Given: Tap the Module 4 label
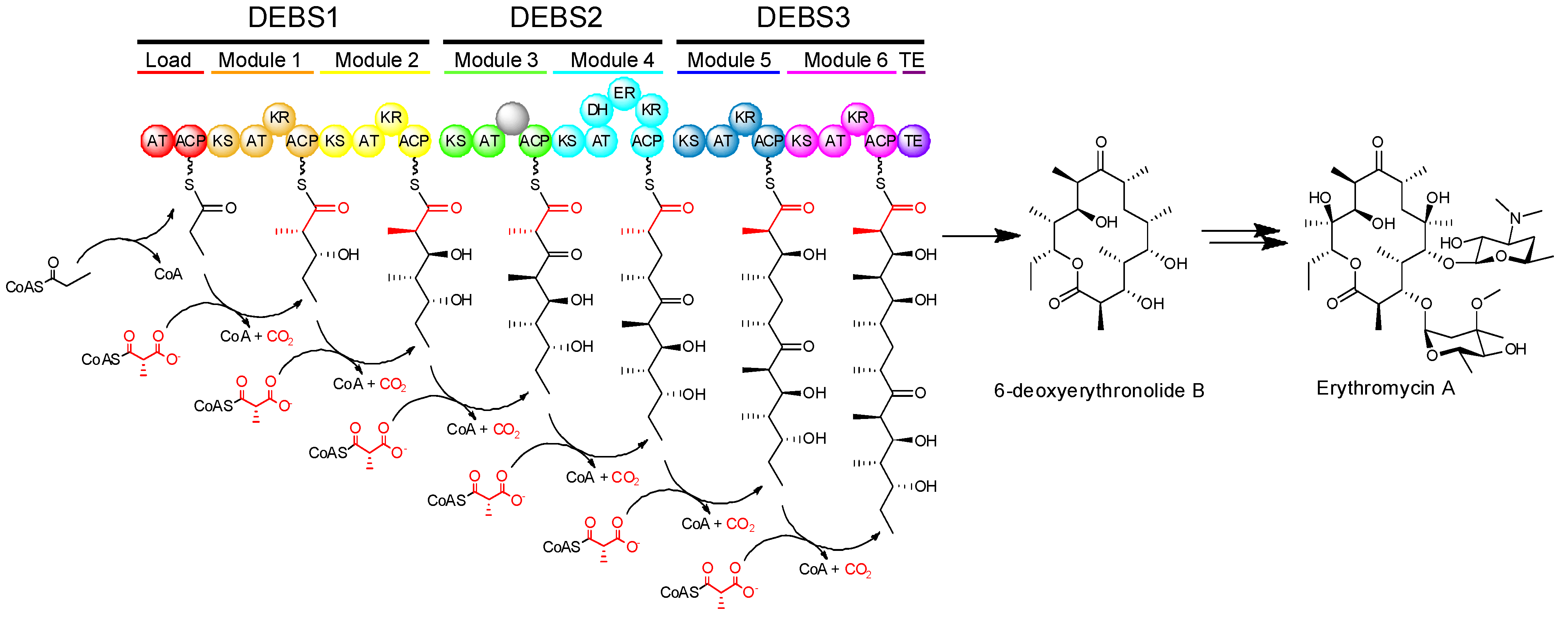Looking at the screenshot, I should coord(612,60).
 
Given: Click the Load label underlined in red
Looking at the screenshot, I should coord(168,60).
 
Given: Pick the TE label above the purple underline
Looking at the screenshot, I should coord(911,60).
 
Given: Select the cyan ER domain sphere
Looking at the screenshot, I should coord(624,93).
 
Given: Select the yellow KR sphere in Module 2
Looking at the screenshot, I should coord(390,117).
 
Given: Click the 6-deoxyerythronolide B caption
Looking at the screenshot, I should coord(1099,390).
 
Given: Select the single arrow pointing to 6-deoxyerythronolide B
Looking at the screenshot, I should coord(981,236).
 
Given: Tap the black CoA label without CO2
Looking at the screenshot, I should coord(168,274).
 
